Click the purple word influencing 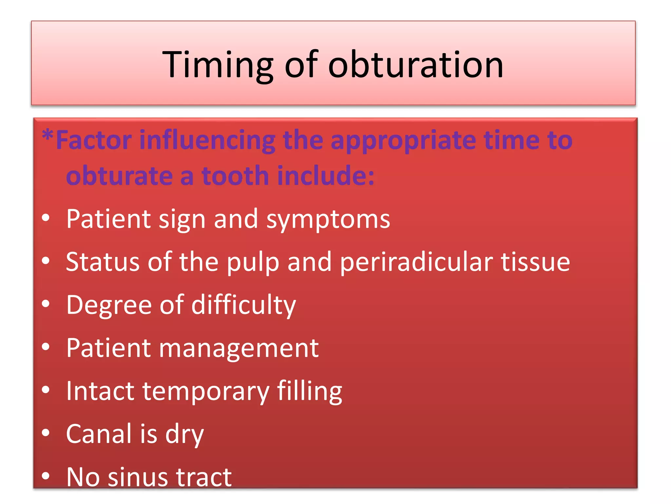coord(207,140)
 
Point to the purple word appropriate coord(403,140)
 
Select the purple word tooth coord(235,176)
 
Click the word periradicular coord(416,262)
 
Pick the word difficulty coord(243,305)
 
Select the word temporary coord(205,391)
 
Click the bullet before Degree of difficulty coord(46,304)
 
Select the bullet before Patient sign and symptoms coord(46,218)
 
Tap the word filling coord(309,391)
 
